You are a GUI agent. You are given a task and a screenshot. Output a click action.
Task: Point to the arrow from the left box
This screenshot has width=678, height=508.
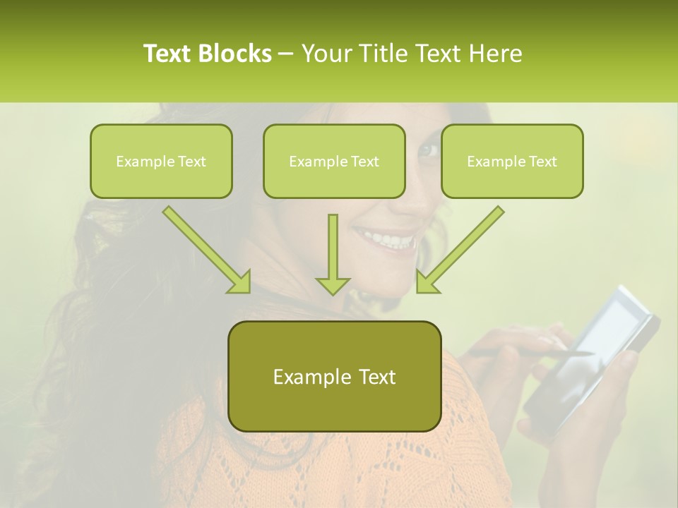pyautogui.click(x=208, y=250)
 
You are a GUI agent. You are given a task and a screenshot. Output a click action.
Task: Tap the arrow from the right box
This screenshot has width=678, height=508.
pyautogui.click(x=459, y=250)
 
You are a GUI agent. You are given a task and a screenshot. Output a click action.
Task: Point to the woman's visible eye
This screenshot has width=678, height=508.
pyautogui.click(x=428, y=150)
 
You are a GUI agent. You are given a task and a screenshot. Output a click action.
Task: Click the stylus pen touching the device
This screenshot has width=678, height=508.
pyautogui.click(x=530, y=351)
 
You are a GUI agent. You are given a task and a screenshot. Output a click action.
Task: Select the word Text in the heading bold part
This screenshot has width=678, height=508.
pyautogui.click(x=167, y=54)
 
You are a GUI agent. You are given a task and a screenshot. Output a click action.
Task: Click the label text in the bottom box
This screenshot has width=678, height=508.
pyautogui.click(x=334, y=377)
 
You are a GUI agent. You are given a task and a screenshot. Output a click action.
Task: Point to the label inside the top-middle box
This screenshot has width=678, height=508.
pyautogui.click(x=334, y=162)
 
